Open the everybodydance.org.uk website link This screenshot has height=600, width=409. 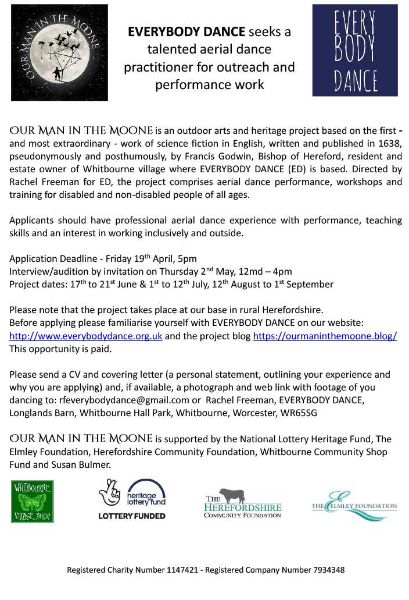[86, 337]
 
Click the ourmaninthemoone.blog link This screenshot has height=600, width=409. [325, 337]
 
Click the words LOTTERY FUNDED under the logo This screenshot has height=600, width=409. [132, 516]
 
